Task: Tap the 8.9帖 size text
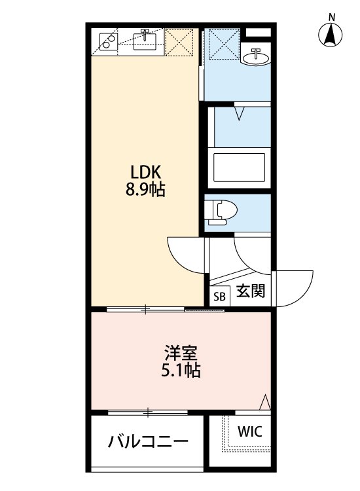tap(146, 191)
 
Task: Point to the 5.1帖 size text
tap(181, 371)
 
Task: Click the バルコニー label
tap(149, 440)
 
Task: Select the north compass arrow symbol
tap(331, 35)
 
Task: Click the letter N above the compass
tap(331, 16)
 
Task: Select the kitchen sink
tap(145, 41)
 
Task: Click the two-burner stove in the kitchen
tap(108, 41)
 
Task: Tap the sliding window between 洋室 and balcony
tap(148, 412)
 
